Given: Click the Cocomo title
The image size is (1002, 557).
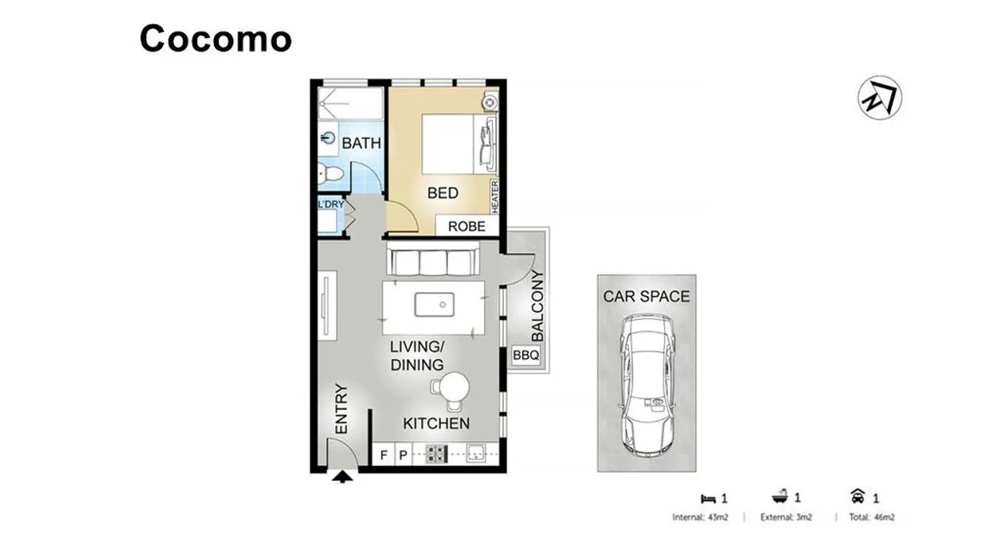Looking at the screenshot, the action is tap(215, 39).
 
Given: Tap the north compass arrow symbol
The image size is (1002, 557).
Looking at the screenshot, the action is tap(880, 97).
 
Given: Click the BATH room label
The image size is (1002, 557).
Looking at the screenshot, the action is tap(361, 143).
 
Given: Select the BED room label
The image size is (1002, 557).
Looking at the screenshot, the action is tap(443, 193).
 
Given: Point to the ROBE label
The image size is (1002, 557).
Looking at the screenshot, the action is tap(466, 226).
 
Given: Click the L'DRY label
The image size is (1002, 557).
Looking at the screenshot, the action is tap(331, 204).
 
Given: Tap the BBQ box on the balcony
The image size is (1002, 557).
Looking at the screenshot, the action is tap(526, 355).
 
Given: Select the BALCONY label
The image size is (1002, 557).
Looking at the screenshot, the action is tap(537, 306).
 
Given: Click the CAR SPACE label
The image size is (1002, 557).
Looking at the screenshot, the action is tap(646, 296).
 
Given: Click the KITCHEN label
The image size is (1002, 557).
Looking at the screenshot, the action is tap(436, 424).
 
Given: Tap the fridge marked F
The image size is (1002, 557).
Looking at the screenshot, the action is tap(383, 455).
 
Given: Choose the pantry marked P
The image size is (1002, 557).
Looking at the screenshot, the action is tap(404, 455).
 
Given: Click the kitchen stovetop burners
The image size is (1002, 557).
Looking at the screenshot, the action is tap(436, 454).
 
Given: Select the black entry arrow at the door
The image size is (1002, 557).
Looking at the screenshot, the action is tap(342, 477).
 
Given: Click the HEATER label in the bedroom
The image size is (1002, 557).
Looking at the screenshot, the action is tap(494, 197).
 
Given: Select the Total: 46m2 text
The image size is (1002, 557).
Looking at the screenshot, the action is tap(872, 517).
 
